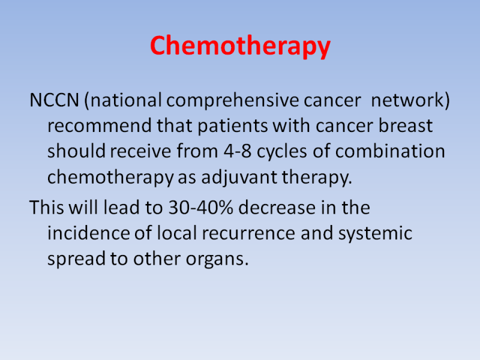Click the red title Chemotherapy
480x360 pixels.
[241, 46]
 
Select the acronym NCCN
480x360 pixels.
[55, 100]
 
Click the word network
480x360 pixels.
[407, 100]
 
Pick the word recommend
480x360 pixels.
[100, 126]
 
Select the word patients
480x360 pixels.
[233, 127]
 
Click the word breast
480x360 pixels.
[406, 125]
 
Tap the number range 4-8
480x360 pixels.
[238, 152]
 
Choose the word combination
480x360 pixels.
[390, 151]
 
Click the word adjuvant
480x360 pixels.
[239, 178]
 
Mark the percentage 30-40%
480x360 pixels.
[201, 208]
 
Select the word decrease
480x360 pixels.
[277, 208]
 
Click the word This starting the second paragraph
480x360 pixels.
[47, 207]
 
